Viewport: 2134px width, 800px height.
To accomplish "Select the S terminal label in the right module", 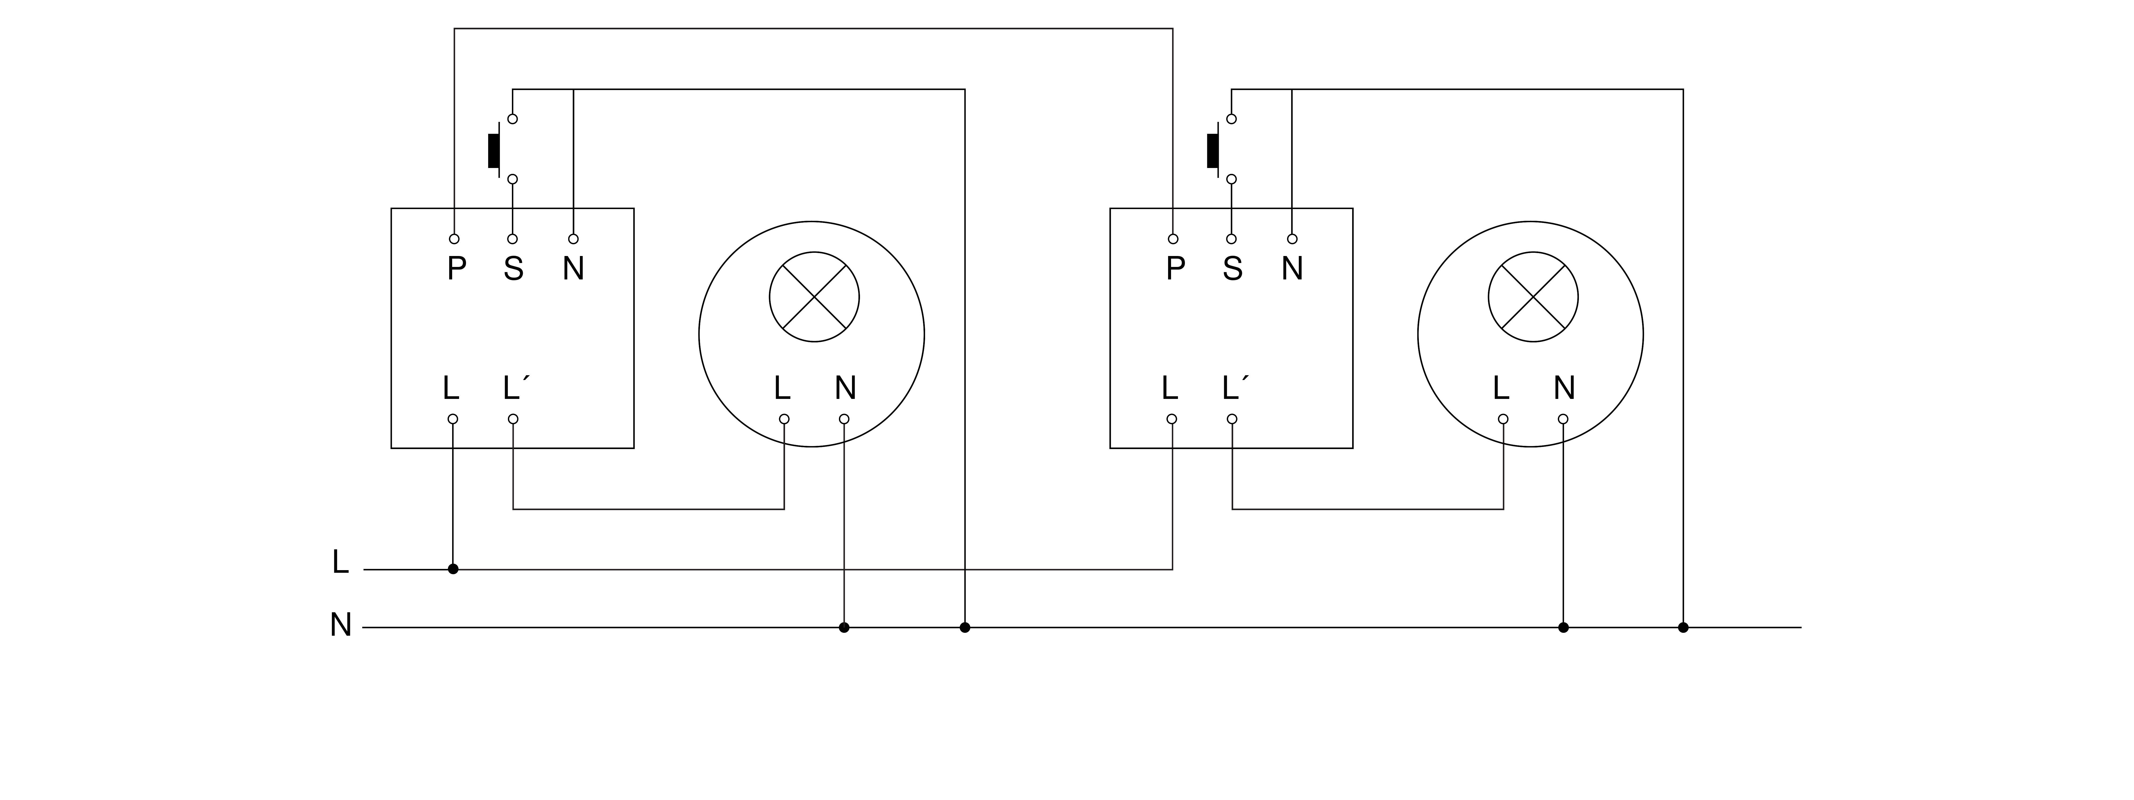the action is [1233, 268].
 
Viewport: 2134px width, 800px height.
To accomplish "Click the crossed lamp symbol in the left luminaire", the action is [814, 297].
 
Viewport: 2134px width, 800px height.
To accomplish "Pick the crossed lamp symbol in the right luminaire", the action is [1533, 297].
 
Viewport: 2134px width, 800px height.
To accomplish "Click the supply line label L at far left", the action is [340, 562].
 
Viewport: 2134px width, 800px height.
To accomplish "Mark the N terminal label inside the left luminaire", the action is [845, 387].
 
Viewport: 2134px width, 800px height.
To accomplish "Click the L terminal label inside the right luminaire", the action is [1500, 387].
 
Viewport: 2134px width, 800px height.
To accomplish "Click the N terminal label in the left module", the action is [573, 268].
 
